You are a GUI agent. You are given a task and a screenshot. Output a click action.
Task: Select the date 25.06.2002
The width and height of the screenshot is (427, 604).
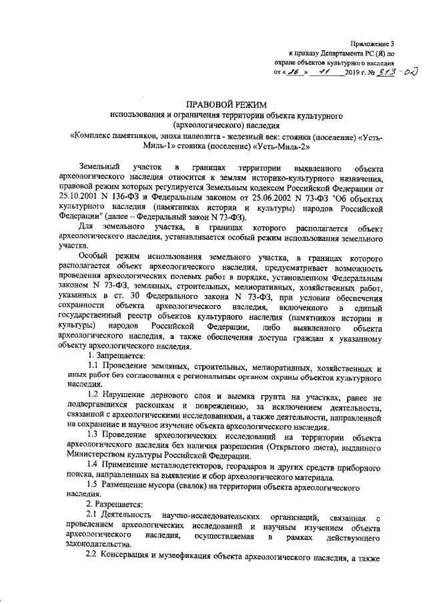point(260,199)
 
